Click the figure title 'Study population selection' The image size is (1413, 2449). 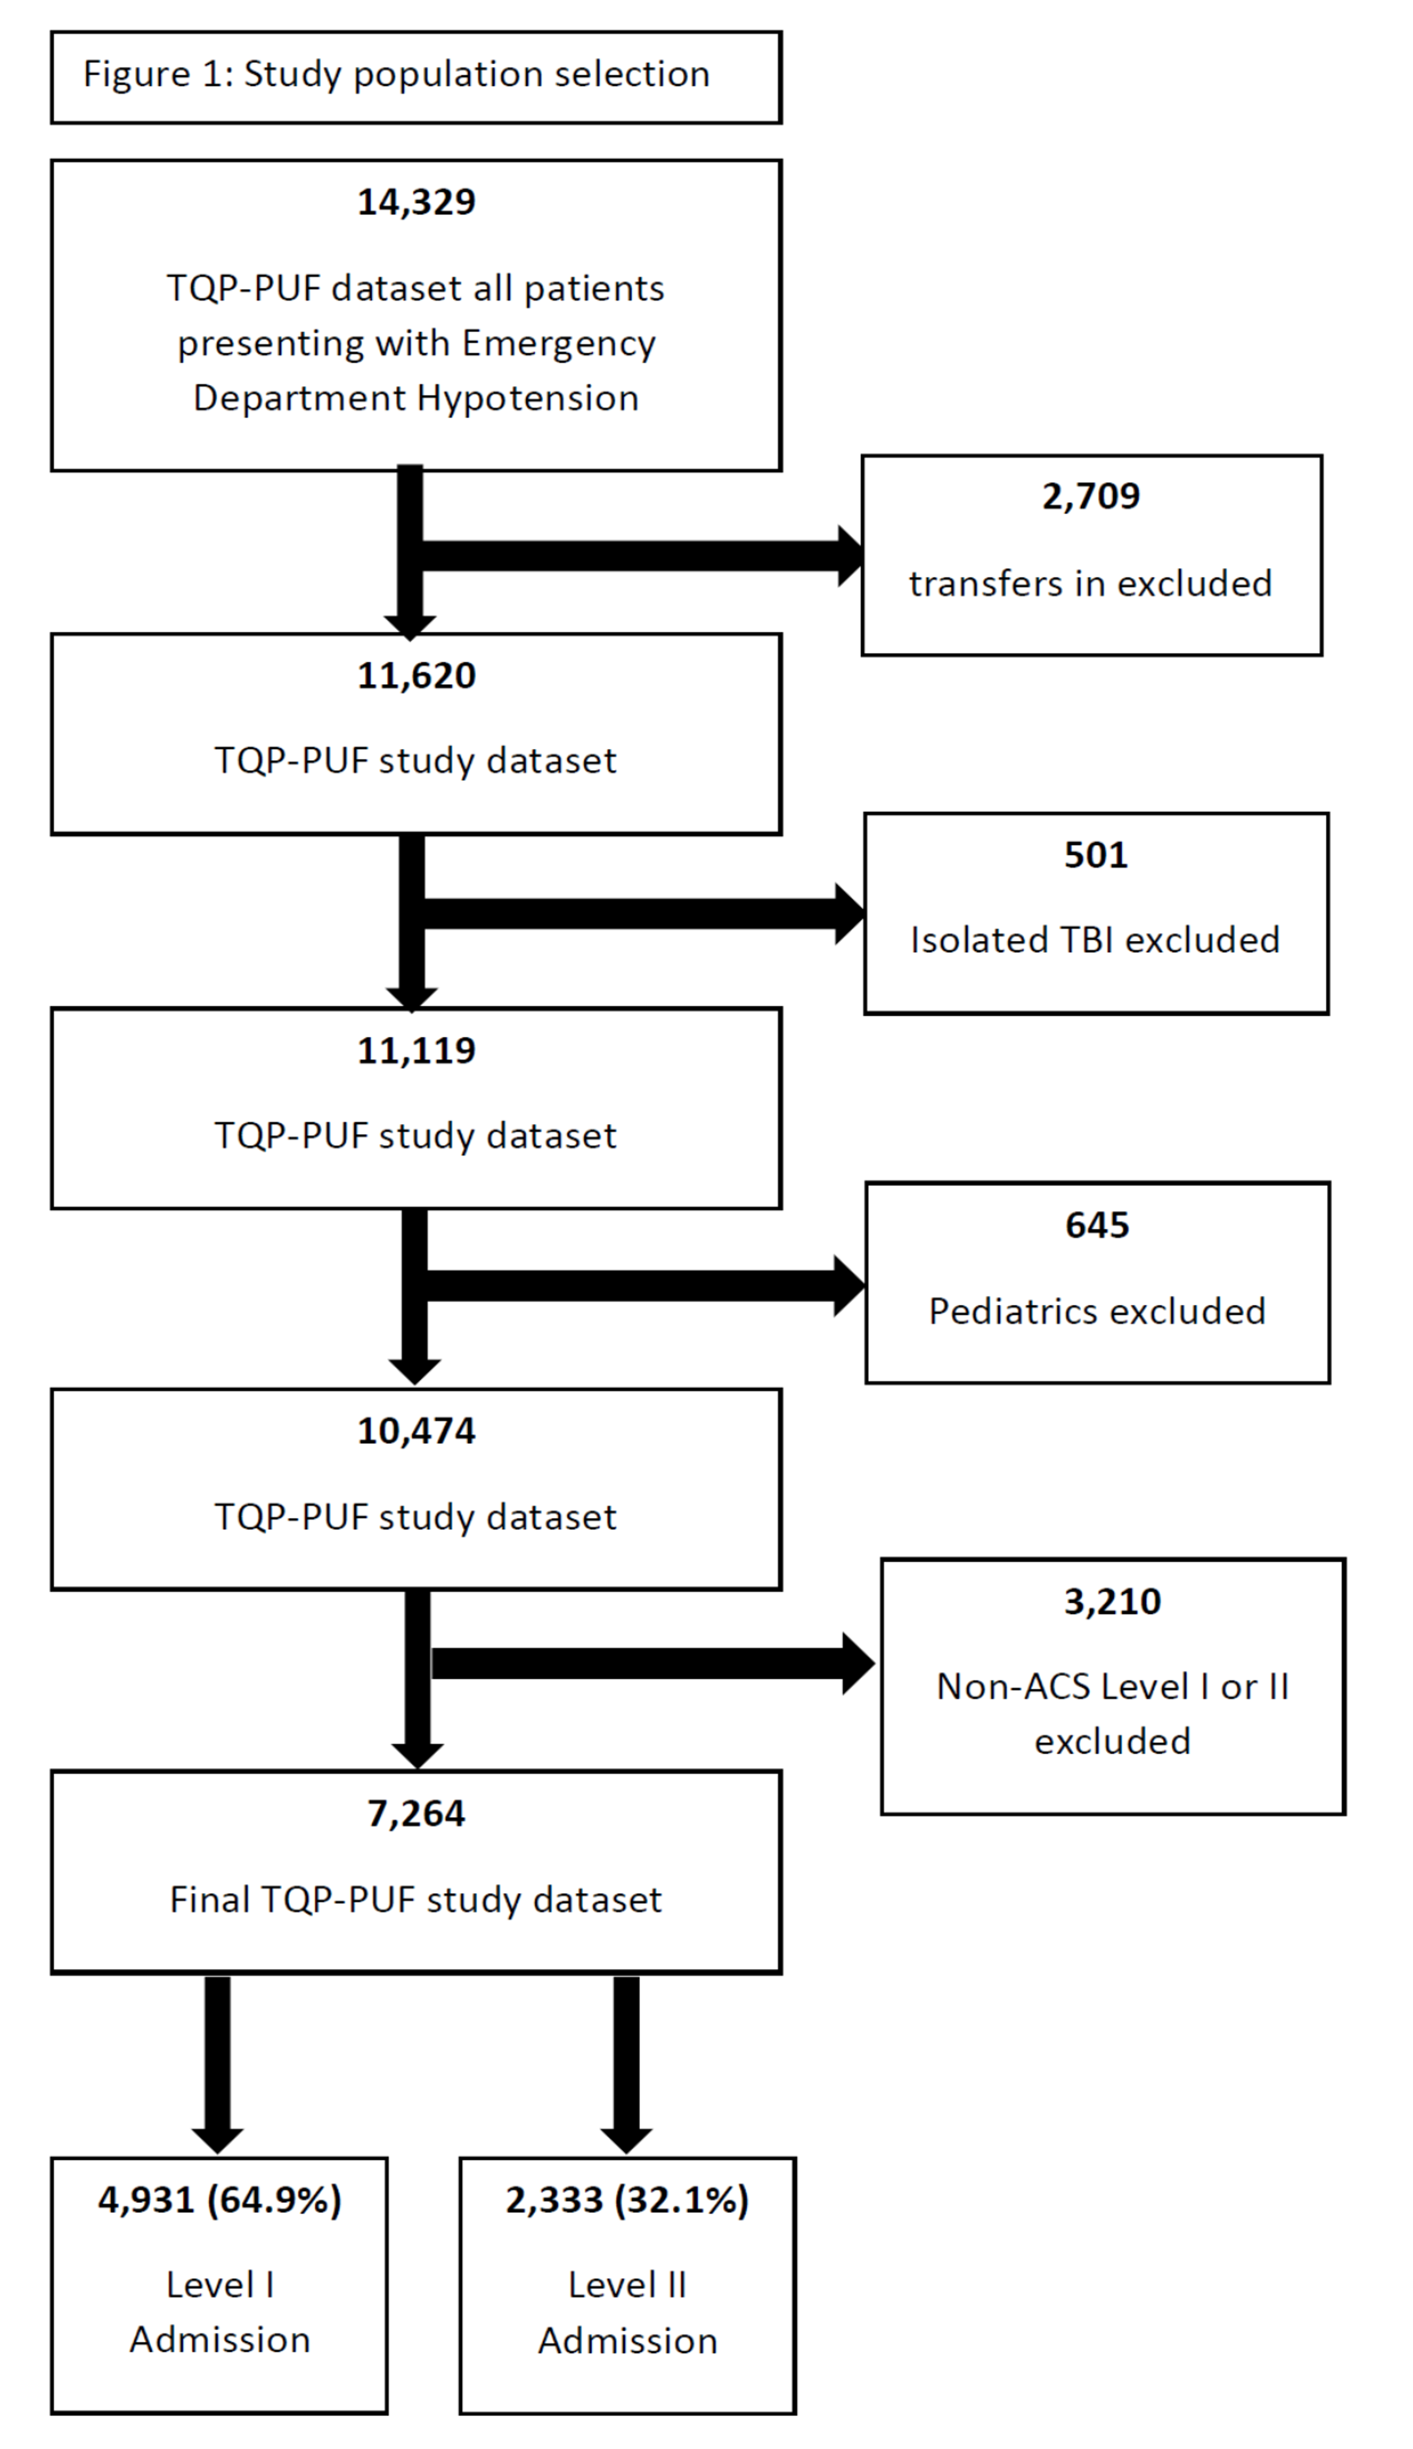(x=476, y=74)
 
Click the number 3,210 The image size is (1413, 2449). (x=1112, y=1601)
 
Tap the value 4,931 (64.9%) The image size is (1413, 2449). (x=219, y=2200)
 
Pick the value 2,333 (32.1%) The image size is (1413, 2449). (x=627, y=2200)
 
